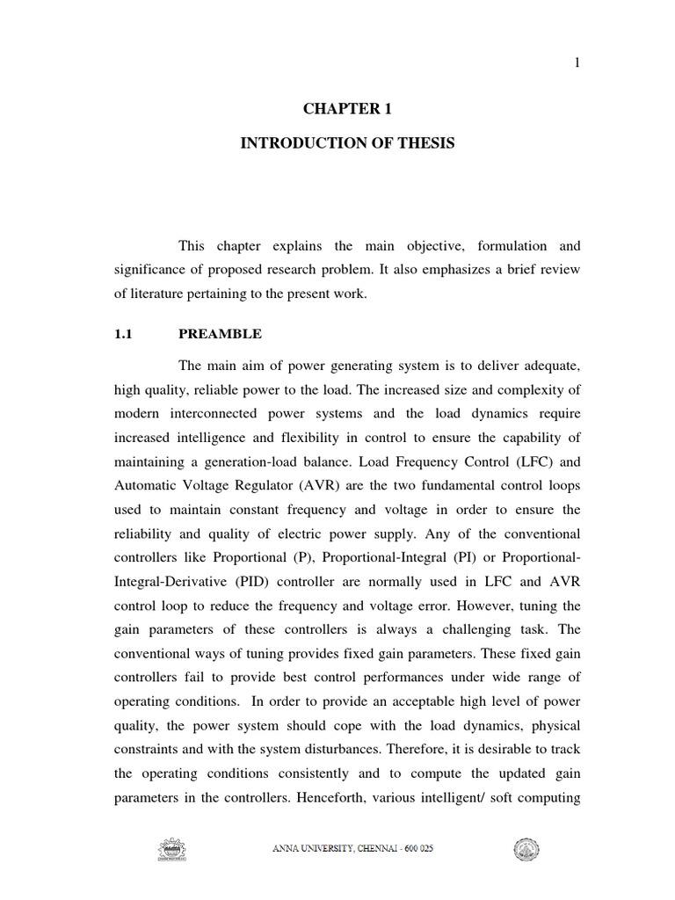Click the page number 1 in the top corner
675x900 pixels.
coord(577,62)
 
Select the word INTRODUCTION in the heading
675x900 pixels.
coord(294,143)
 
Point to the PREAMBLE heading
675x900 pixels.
coord(220,335)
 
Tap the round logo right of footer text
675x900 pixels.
coord(526,849)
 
